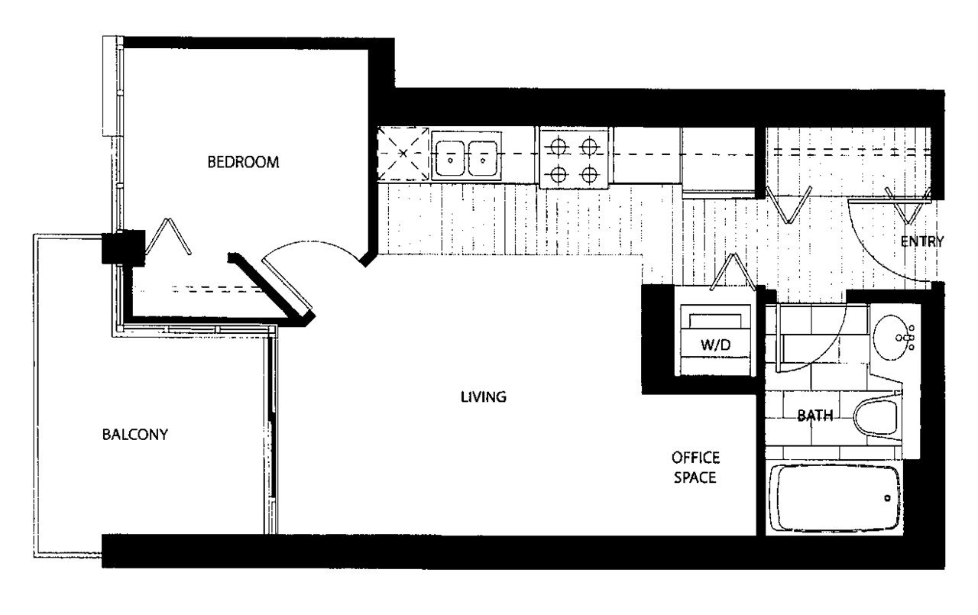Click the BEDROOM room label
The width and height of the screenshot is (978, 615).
pyautogui.click(x=243, y=162)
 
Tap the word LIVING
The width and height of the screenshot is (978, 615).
pyautogui.click(x=484, y=397)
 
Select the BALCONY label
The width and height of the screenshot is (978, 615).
pyautogui.click(x=135, y=434)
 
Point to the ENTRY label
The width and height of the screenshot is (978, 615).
pyautogui.click(x=922, y=241)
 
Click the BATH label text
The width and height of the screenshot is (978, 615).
pyautogui.click(x=815, y=415)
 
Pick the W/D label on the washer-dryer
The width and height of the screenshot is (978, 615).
pyautogui.click(x=715, y=345)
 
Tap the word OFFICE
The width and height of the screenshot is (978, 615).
pyautogui.click(x=695, y=458)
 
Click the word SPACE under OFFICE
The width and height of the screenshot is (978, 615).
pyautogui.click(x=695, y=477)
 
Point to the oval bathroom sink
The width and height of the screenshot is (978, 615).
pyautogui.click(x=890, y=338)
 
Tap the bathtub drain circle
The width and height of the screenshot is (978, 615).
pyautogui.click(x=887, y=498)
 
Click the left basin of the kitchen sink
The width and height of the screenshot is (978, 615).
pyautogui.click(x=450, y=158)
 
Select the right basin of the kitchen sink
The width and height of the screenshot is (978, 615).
pyautogui.click(x=482, y=158)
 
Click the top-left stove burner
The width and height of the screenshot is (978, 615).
pyautogui.click(x=559, y=146)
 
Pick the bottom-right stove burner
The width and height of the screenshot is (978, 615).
pyautogui.click(x=589, y=175)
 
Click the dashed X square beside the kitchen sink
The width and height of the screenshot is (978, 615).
pyautogui.click(x=403, y=154)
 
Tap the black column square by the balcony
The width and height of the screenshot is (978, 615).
pyautogui.click(x=123, y=248)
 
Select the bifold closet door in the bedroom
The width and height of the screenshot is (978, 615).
pyautogui.click(x=168, y=236)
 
